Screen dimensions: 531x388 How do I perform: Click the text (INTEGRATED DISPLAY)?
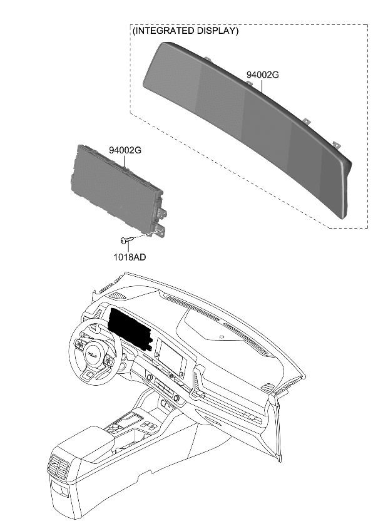pos(185,31)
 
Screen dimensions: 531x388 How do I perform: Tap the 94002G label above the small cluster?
pos(125,150)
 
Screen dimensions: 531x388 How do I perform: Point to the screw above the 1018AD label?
pos(125,239)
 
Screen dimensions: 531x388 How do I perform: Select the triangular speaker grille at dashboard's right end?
pos(268,387)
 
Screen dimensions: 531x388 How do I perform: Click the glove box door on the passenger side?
pos(235,407)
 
